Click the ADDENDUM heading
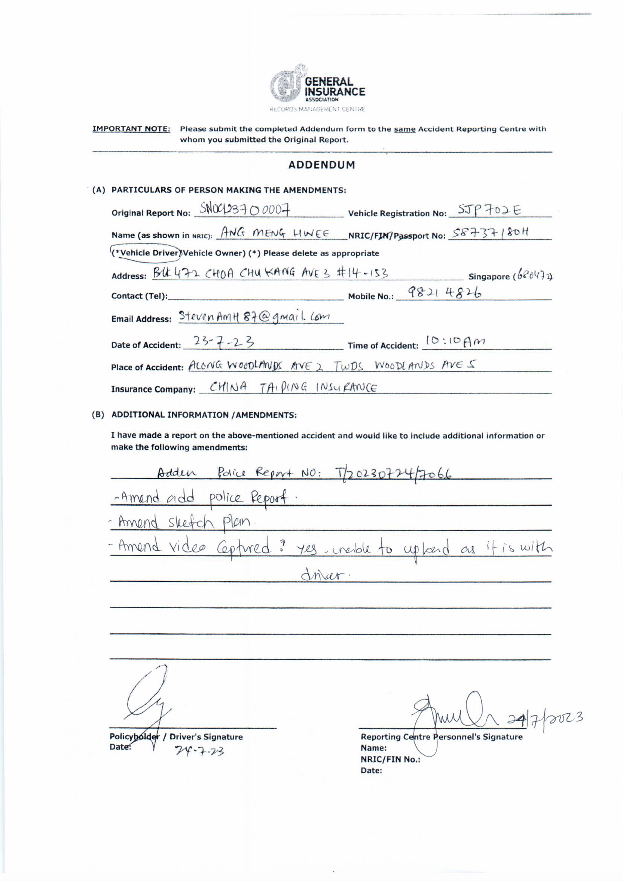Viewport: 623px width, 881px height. (321, 165)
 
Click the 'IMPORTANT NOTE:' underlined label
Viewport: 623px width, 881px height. (131, 129)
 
